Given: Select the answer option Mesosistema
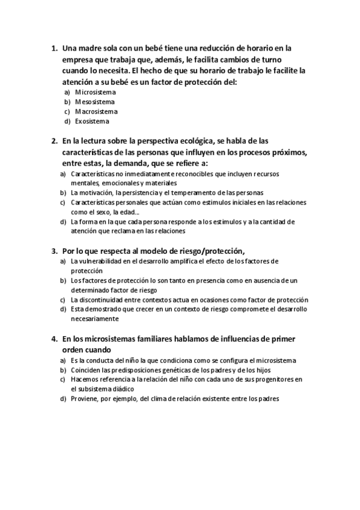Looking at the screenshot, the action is tap(95, 102).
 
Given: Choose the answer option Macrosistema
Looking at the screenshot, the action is tap(96, 111).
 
